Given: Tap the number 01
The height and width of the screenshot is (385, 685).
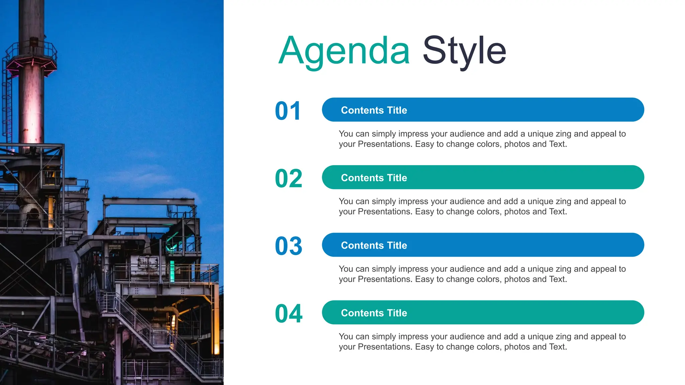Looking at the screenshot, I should pyautogui.click(x=288, y=111).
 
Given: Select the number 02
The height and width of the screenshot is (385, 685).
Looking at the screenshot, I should pyautogui.click(x=289, y=178).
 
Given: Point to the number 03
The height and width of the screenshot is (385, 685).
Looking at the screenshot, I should pyautogui.click(x=289, y=246).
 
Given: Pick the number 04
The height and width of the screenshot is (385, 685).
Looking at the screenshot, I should pyautogui.click(x=289, y=313).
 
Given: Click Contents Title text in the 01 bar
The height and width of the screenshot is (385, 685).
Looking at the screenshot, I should pyautogui.click(x=374, y=110).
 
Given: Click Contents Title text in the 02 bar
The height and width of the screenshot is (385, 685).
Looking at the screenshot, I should pyautogui.click(x=374, y=178).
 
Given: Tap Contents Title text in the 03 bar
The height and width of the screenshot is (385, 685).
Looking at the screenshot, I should pyautogui.click(x=374, y=245).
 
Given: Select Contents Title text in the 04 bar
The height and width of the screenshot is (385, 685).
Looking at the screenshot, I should pyautogui.click(x=374, y=313).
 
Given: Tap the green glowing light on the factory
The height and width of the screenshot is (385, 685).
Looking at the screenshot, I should pyautogui.click(x=172, y=271).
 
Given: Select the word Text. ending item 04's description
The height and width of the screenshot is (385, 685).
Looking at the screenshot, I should pyautogui.click(x=558, y=347).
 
